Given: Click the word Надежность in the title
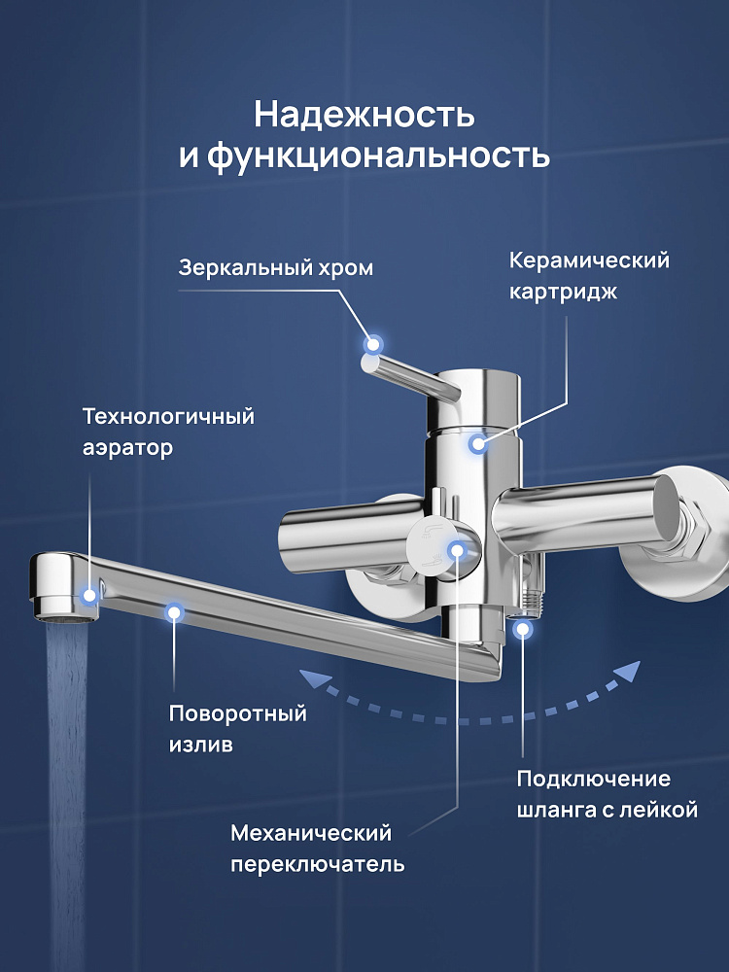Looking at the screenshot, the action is pyautogui.click(x=364, y=116).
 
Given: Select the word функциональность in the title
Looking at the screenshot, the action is pyautogui.click(x=378, y=156).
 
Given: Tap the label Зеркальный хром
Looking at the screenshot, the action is pyautogui.click(x=276, y=268).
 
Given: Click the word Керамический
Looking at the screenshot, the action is pyautogui.click(x=590, y=260).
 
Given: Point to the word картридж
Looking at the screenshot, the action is pyautogui.click(x=563, y=292).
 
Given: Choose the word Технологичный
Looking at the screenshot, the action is pyautogui.click(x=168, y=416).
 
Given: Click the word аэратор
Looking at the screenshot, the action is pyautogui.click(x=127, y=448).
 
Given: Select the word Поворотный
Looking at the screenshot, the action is pyautogui.click(x=238, y=713).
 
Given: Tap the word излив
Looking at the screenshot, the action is pyautogui.click(x=201, y=744).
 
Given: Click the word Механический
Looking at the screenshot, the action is pyautogui.click(x=311, y=833).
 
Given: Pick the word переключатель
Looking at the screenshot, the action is pyautogui.click(x=318, y=864).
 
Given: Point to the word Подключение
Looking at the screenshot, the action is pyautogui.click(x=593, y=780).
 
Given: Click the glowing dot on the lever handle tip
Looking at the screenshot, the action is pyautogui.click(x=373, y=344).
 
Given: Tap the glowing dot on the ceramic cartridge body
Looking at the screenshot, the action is pyautogui.click(x=477, y=443).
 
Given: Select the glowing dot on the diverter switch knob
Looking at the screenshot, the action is pyautogui.click(x=456, y=549).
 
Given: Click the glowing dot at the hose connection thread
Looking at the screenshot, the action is pyautogui.click(x=523, y=629).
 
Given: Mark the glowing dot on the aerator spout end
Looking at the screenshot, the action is pyautogui.click(x=90, y=596).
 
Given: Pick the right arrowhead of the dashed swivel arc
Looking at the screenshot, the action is pyautogui.click(x=628, y=673).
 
